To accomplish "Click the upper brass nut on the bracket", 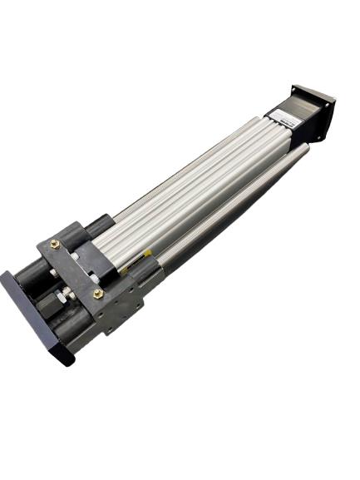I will pyautogui.click(x=56, y=244).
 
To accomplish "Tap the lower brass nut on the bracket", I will pyautogui.click(x=98, y=294).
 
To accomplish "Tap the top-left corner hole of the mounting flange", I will pyautogui.click(x=296, y=87).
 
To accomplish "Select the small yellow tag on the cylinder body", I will pyautogui.click(x=148, y=252).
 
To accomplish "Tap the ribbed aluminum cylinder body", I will pyautogui.click(x=200, y=183).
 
